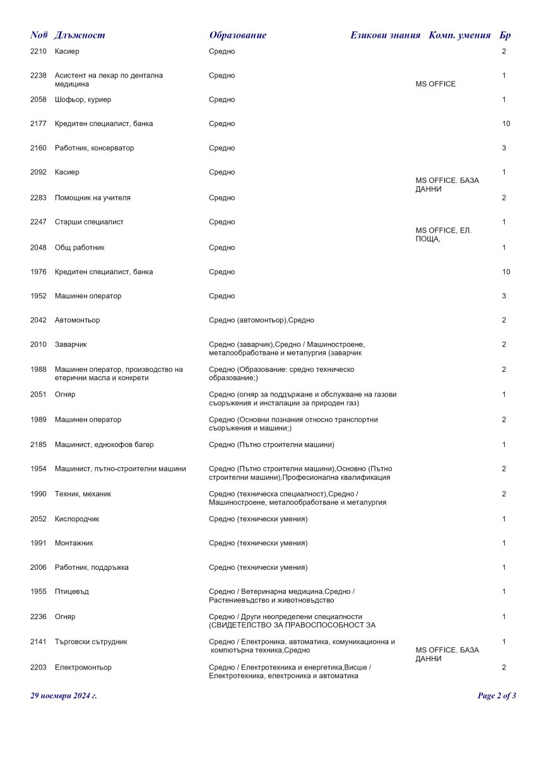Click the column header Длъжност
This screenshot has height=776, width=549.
pyautogui.click(x=80, y=35)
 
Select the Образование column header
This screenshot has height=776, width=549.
pyautogui.click(x=237, y=35)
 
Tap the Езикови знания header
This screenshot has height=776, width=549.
pyautogui.click(x=385, y=35)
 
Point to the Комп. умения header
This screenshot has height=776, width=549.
pyautogui.click(x=459, y=35)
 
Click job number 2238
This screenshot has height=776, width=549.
pyautogui.click(x=38, y=76)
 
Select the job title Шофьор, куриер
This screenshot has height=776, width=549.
pyautogui.click(x=83, y=100)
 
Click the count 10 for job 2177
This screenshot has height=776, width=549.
pyautogui.click(x=506, y=124)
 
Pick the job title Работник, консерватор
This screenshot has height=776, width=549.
pyautogui.click(x=94, y=148)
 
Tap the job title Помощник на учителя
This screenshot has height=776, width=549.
pyautogui.click(x=92, y=198)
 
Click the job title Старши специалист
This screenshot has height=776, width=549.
pyautogui.click(x=89, y=222)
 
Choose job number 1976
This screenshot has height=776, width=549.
pyautogui.click(x=38, y=272)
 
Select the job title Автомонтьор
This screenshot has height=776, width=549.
pyautogui.click(x=77, y=320)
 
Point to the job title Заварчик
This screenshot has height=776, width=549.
pyautogui.click(x=71, y=345)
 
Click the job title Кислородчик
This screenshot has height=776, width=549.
pyautogui.click(x=77, y=519)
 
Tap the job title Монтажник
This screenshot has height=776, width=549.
pyautogui.click(x=74, y=543)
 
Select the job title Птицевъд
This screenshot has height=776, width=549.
pyautogui.click(x=71, y=592)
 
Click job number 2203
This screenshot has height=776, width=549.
pyautogui.click(x=38, y=668)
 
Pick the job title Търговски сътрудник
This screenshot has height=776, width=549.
pyautogui.click(x=91, y=642)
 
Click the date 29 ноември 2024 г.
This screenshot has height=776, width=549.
pyautogui.click(x=64, y=696)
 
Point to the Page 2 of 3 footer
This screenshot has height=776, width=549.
pyautogui.click(x=497, y=696)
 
